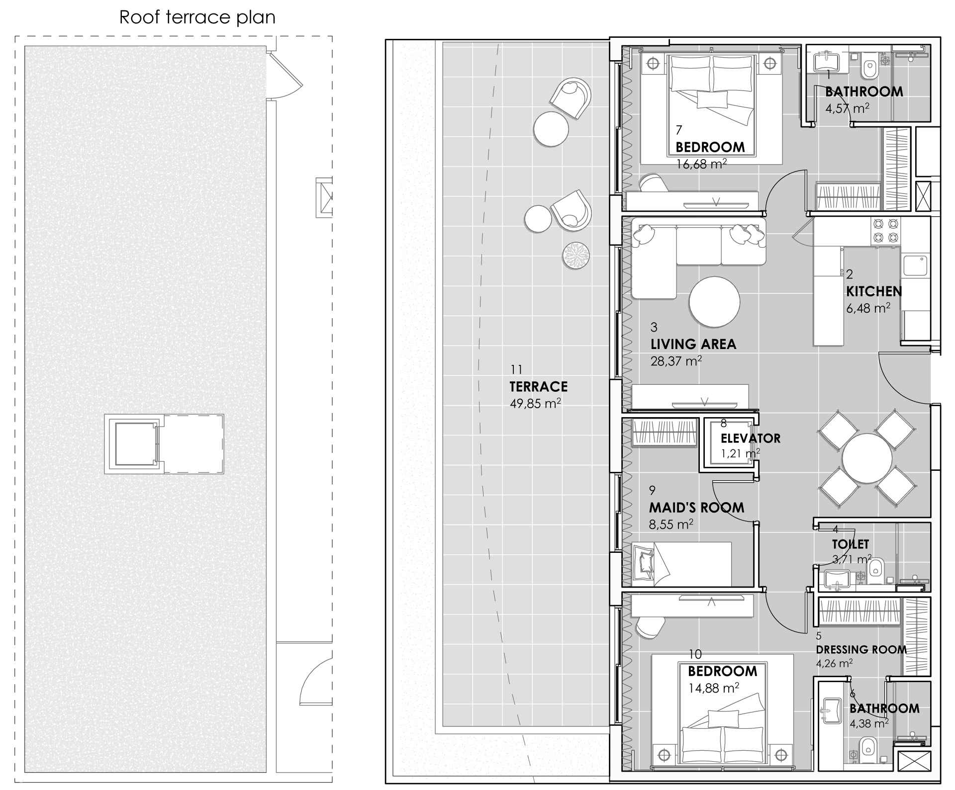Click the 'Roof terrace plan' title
(197, 17)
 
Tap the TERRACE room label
(538, 386)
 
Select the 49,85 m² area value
(535, 403)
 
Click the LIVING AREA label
(693, 344)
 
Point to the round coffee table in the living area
(714, 302)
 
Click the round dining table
(867, 458)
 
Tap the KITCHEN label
(874, 291)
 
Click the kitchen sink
(915, 265)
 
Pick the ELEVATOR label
(751, 439)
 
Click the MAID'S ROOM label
(696, 508)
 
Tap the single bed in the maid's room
(681, 564)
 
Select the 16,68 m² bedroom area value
(701, 164)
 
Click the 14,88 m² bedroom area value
(713, 688)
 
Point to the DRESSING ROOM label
(861, 650)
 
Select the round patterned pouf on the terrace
(576, 256)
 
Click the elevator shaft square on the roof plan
(135, 444)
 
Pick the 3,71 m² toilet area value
(852, 559)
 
